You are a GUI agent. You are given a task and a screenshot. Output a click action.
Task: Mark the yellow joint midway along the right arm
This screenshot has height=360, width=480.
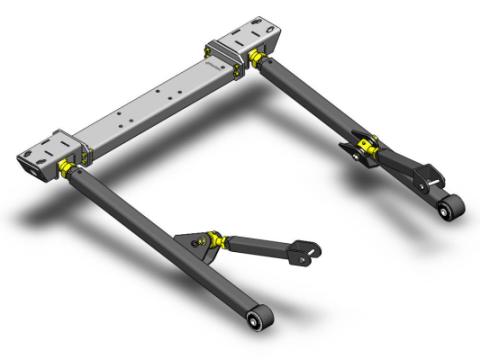[366, 149]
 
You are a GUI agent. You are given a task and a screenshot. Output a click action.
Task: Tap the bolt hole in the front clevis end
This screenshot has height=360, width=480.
[310, 251]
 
